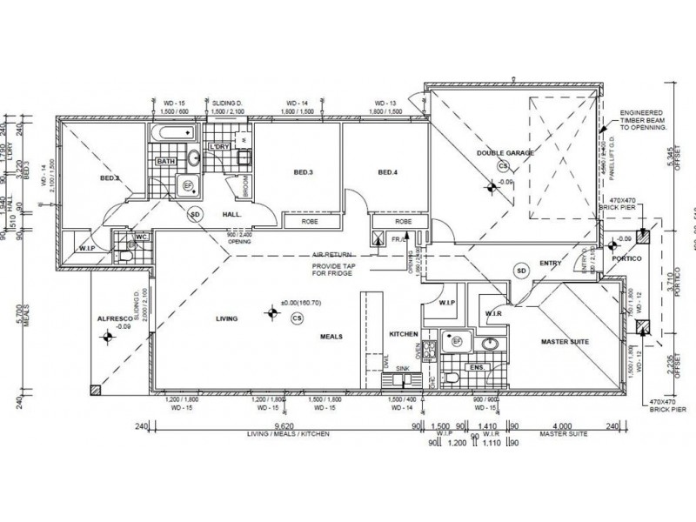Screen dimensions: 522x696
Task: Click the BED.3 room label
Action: click(x=303, y=172)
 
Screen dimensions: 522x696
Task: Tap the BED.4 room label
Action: click(x=389, y=172)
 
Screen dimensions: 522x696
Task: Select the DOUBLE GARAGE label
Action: click(x=505, y=153)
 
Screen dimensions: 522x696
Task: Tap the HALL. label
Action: click(x=231, y=214)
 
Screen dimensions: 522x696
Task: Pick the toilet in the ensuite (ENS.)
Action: click(x=450, y=376)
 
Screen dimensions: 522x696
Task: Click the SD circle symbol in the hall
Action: click(x=195, y=214)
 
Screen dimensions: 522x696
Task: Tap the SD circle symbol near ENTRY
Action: click(x=521, y=271)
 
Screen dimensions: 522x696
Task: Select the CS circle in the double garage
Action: click(x=502, y=165)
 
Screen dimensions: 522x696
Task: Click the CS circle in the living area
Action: click(x=298, y=318)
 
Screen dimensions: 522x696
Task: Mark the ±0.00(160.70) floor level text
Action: click(x=297, y=304)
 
